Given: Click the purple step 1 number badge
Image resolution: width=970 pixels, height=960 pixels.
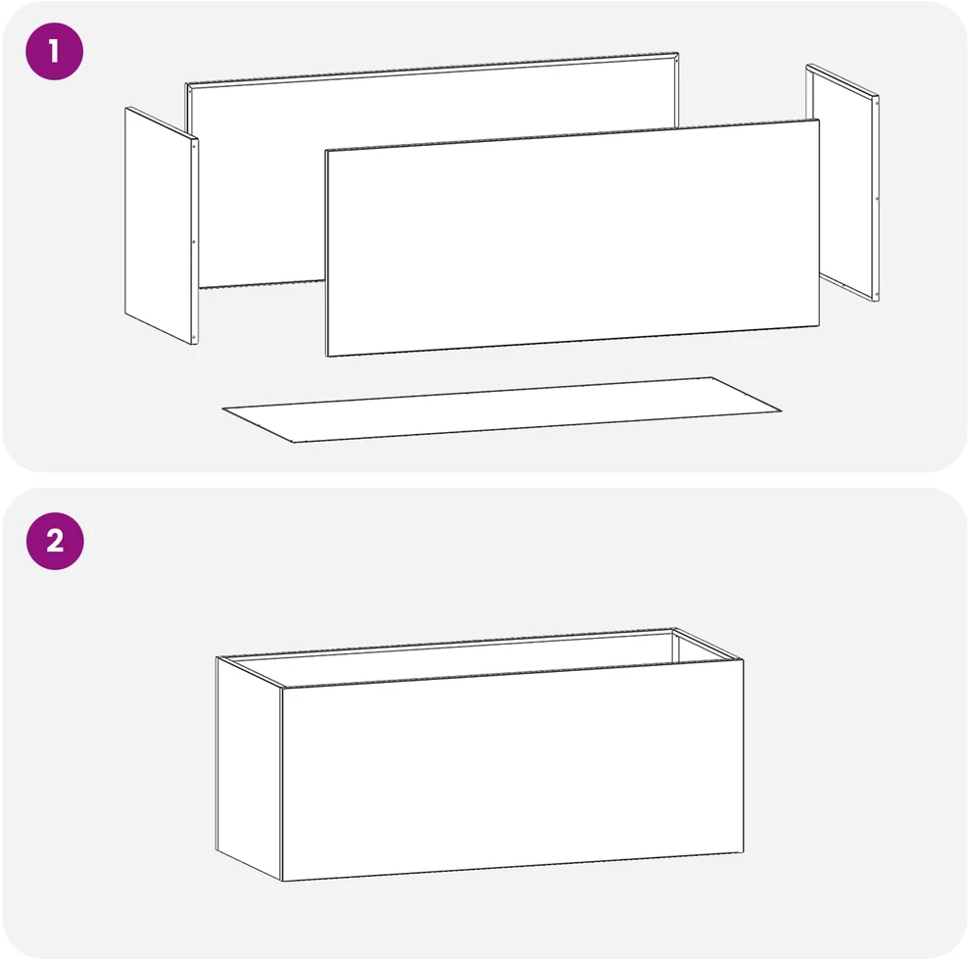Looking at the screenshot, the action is coord(55,51).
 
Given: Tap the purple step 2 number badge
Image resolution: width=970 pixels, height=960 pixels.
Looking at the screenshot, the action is coord(55,541).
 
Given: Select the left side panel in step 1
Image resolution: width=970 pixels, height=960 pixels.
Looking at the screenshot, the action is coord(162,225).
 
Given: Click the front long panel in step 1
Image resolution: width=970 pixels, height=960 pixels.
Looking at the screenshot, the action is coord(573,238).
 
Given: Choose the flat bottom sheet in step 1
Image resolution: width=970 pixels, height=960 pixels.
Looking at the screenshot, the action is coord(502,409).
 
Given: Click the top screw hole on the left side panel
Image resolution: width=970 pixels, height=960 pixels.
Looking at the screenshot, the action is coord(194,147).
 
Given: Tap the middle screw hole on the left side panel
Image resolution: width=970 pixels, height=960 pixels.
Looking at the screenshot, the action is coord(194,242).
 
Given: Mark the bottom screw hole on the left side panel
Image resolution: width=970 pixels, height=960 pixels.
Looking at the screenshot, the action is coord(194,337).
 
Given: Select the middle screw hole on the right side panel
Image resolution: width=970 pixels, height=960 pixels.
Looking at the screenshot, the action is coord(877,199).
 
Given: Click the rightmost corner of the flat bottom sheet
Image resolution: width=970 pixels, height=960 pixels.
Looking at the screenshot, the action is coord(781,410).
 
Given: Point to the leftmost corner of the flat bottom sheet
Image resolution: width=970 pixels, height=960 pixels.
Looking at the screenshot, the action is coord(222,408).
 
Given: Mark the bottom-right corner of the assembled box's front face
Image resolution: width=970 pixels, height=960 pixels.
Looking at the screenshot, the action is coord(744,852).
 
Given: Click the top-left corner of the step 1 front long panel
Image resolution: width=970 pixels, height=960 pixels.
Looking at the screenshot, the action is coord(326,150).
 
